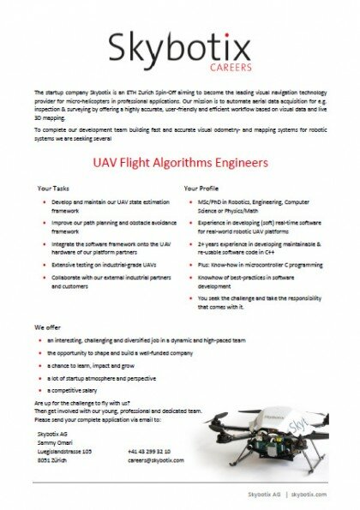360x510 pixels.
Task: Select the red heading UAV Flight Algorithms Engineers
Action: tap(180, 160)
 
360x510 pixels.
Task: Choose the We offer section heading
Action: tap(48, 327)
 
